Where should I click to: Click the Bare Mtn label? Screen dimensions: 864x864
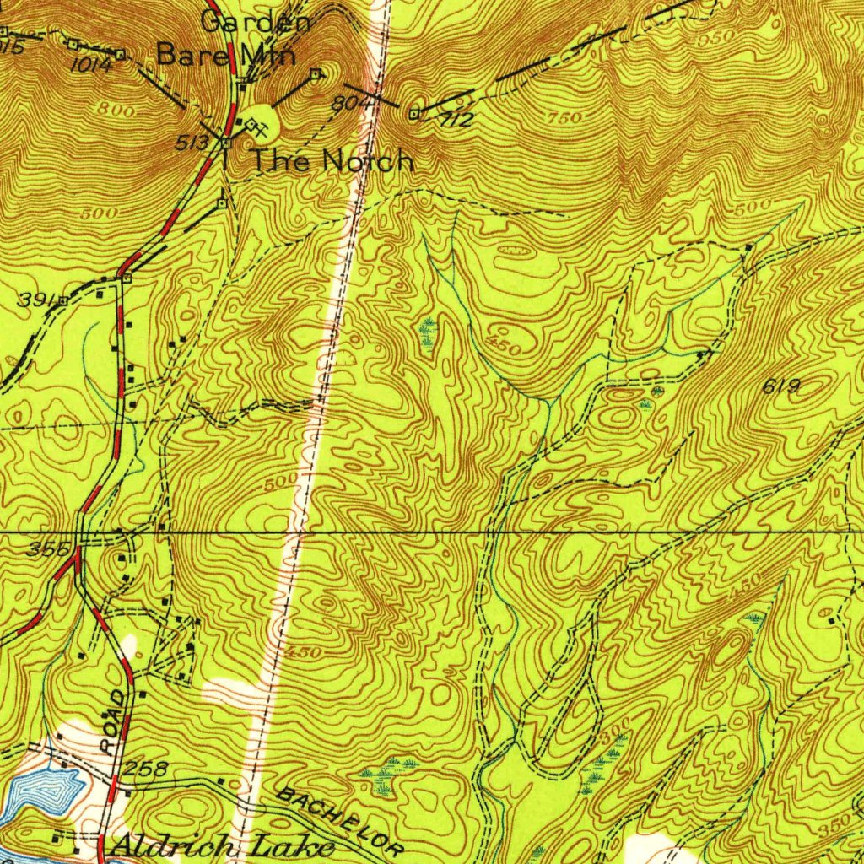pyautogui.click(x=227, y=56)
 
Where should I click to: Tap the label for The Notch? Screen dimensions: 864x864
pyautogui.click(x=334, y=160)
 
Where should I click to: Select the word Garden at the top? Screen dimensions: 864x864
pyautogui.click(x=257, y=22)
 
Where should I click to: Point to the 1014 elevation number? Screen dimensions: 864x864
pyautogui.click(x=91, y=65)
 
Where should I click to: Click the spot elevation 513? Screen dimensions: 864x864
pyautogui.click(x=192, y=143)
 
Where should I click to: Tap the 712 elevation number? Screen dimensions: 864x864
pyautogui.click(x=456, y=120)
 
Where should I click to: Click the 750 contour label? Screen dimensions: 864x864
pyautogui.click(x=564, y=118)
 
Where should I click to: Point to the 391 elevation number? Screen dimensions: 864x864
pyautogui.click(x=37, y=300)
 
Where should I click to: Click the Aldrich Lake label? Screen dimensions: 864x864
pyautogui.click(x=222, y=846)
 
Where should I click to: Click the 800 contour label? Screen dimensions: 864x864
pyautogui.click(x=116, y=111)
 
